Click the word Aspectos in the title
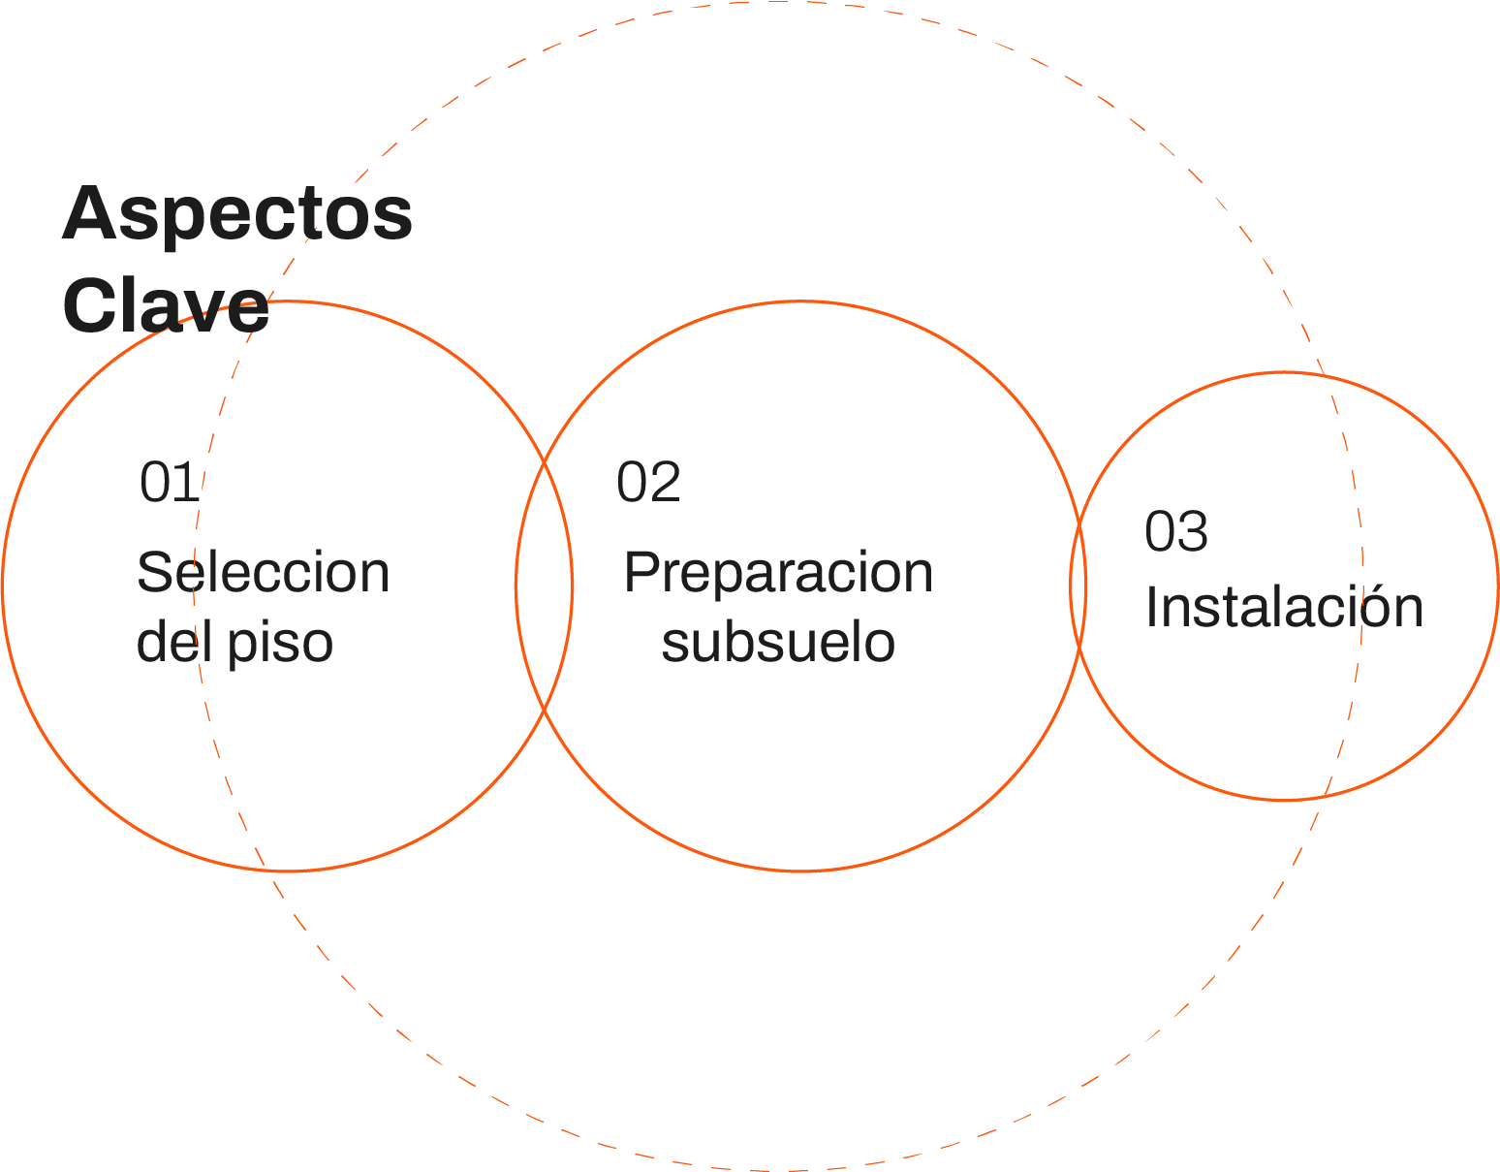point(237,215)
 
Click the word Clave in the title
point(166,306)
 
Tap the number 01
point(170,482)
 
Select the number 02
point(648,482)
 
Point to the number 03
point(1176,531)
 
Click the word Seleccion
point(263,572)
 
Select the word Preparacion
point(778,572)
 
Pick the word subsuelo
point(778,642)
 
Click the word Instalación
point(1284,608)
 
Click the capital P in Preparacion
point(641,572)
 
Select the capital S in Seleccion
point(154,572)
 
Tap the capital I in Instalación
point(1152,608)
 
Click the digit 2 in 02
point(665,482)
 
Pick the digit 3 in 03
point(1193,531)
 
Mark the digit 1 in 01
point(188,482)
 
